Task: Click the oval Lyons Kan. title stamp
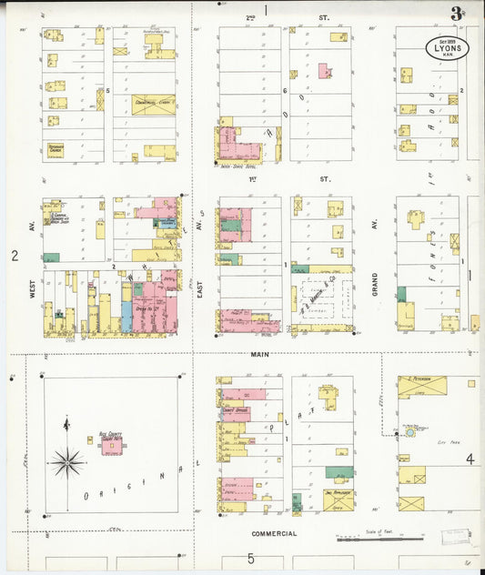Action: (x=447, y=48)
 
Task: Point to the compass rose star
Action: (x=67, y=462)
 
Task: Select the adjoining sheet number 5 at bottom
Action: (x=250, y=559)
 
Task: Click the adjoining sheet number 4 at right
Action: (x=470, y=459)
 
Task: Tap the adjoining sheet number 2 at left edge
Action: (x=15, y=256)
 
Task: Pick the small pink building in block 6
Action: (x=324, y=70)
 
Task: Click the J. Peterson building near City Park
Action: (x=421, y=386)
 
